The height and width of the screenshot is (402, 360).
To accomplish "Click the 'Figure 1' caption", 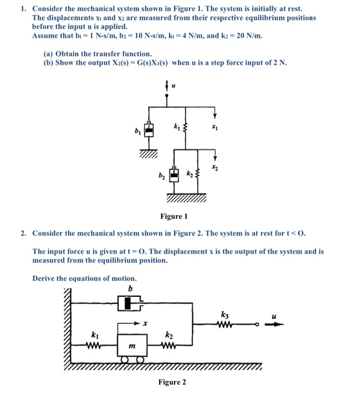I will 174,216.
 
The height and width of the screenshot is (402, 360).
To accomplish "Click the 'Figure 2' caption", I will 173,382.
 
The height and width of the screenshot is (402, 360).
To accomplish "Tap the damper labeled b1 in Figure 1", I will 149,131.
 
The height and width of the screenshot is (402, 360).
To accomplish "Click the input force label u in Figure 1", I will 174,87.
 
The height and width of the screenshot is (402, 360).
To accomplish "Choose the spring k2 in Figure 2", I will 168,345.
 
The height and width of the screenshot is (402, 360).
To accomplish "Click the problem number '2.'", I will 24,233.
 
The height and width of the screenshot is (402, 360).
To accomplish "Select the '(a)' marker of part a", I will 49,53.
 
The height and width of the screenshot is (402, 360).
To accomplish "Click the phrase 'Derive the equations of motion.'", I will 84,278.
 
